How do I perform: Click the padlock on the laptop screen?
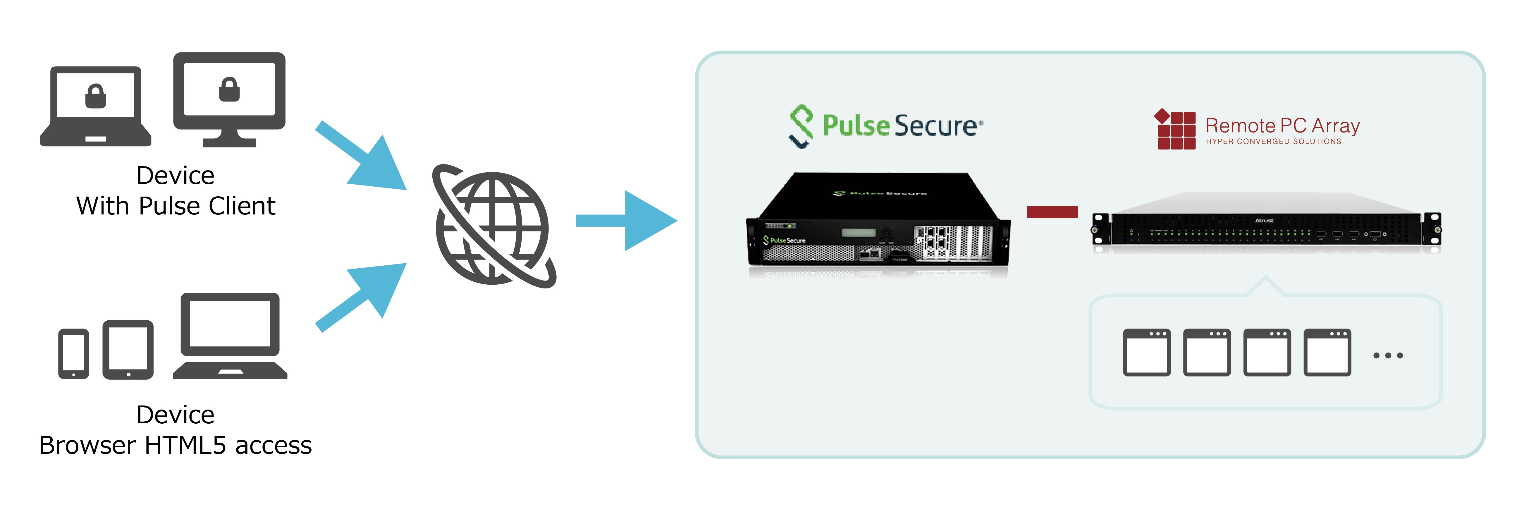tap(95, 96)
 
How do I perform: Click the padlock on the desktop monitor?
tap(229, 89)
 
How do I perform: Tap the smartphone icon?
tap(73, 353)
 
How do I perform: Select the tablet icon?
tap(128, 350)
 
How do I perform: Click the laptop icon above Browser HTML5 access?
tap(230, 336)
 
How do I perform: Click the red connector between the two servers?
tap(1052, 212)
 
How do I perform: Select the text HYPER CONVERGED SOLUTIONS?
tap(1273, 141)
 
